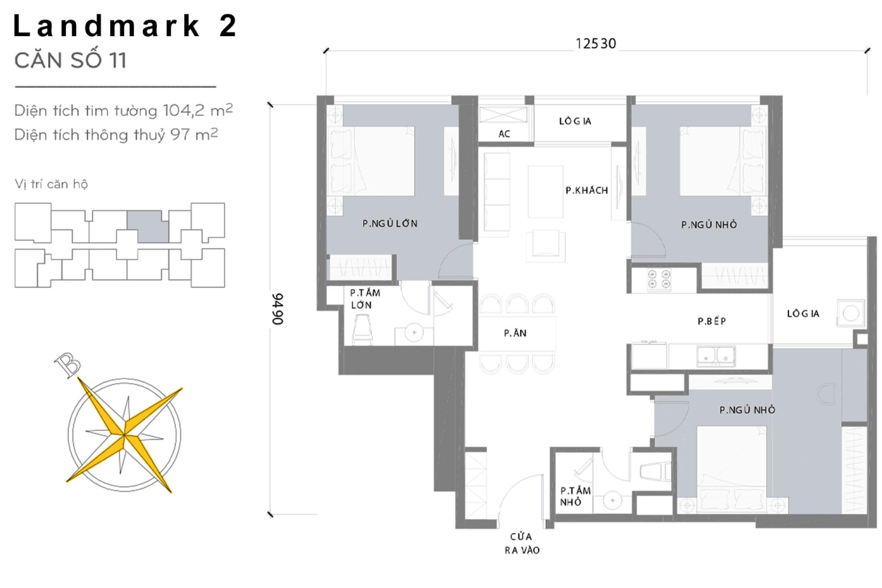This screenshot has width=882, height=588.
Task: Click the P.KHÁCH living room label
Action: pos(586,190)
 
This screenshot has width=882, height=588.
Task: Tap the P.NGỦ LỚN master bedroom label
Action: pos(390,224)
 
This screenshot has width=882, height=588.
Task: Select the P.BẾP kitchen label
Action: pos(711,321)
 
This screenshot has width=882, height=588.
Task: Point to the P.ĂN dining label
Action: pos(515,333)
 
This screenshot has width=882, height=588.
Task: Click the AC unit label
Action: pos(504,134)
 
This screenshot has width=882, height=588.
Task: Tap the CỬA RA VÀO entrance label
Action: pos(522,543)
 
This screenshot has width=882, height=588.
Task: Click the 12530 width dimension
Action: pos(595,44)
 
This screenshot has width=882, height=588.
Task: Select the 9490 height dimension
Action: pos(278,309)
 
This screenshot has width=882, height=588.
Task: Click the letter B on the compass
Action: pos(68,365)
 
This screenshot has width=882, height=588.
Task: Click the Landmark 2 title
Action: pos(125,26)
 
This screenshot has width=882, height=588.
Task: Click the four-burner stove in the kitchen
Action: pos(659,279)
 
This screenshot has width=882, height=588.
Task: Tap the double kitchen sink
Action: pos(716,356)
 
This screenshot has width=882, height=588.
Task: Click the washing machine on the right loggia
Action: pos(850,313)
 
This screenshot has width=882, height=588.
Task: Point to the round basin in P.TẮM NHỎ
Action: pos(613,500)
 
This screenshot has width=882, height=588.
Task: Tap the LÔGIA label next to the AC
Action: pos(575,121)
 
